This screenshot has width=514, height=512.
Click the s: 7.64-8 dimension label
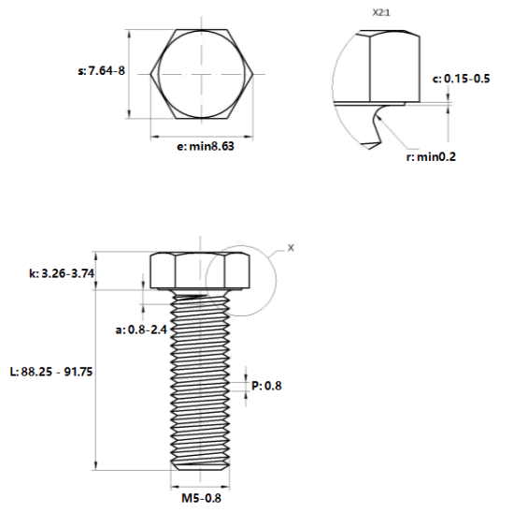point(101,70)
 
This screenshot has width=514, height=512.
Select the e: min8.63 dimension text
point(206,146)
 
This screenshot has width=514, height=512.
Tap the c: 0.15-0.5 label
point(461,79)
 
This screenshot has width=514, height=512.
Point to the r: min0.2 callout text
point(431,156)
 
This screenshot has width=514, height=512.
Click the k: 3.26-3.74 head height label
point(62,273)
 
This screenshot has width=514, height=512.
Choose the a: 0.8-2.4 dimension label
point(141,329)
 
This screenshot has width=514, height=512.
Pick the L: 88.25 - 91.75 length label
point(51,372)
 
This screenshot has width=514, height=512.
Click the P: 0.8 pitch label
point(266,386)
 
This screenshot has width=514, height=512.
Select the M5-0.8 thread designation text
point(201,498)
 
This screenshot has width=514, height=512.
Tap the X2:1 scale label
point(381,13)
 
